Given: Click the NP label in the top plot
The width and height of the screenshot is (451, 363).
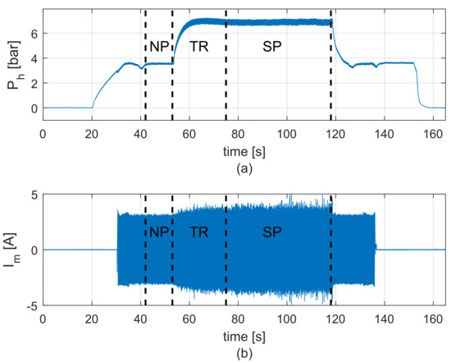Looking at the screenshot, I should (159, 47).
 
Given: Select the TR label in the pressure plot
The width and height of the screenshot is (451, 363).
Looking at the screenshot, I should (198, 47).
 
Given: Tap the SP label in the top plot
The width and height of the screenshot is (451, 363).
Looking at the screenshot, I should (275, 47).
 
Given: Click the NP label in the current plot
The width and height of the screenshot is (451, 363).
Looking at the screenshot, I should (159, 232).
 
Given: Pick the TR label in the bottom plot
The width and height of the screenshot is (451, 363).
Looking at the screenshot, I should (198, 232).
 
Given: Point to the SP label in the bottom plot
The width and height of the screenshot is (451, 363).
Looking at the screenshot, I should (275, 232).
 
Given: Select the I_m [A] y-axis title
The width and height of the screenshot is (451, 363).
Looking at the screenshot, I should (11, 250).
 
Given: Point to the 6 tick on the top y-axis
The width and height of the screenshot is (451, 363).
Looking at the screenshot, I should (34, 34).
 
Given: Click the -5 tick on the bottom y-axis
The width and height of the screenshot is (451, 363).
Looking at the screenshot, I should (31, 306).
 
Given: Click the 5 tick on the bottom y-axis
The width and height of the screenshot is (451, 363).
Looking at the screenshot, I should (34, 194).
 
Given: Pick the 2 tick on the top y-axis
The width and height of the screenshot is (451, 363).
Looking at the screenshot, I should (34, 83).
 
